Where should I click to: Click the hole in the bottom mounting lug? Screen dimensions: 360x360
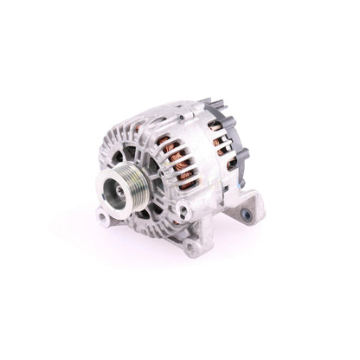(189, 249)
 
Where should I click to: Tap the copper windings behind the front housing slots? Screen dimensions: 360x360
(177, 160)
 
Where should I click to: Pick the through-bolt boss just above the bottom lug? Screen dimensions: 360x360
(184, 211)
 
